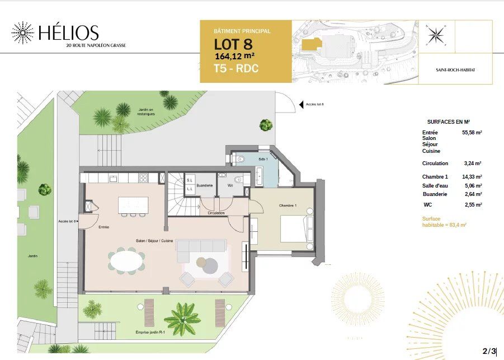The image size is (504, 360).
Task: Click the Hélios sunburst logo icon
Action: coord(22,34)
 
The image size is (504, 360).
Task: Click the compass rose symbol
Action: coord(435,35)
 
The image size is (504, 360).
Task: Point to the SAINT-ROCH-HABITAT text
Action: coord(455,70)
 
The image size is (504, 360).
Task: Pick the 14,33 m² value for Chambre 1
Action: coord(472,177)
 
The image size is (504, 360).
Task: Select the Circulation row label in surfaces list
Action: coord(435,163)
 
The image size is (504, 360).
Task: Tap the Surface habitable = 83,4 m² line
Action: coord(444,221)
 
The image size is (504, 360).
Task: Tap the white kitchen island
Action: coord(133,204)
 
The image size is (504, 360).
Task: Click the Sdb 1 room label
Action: coord(262,160)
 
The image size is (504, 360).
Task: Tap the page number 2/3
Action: coord(489,351)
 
